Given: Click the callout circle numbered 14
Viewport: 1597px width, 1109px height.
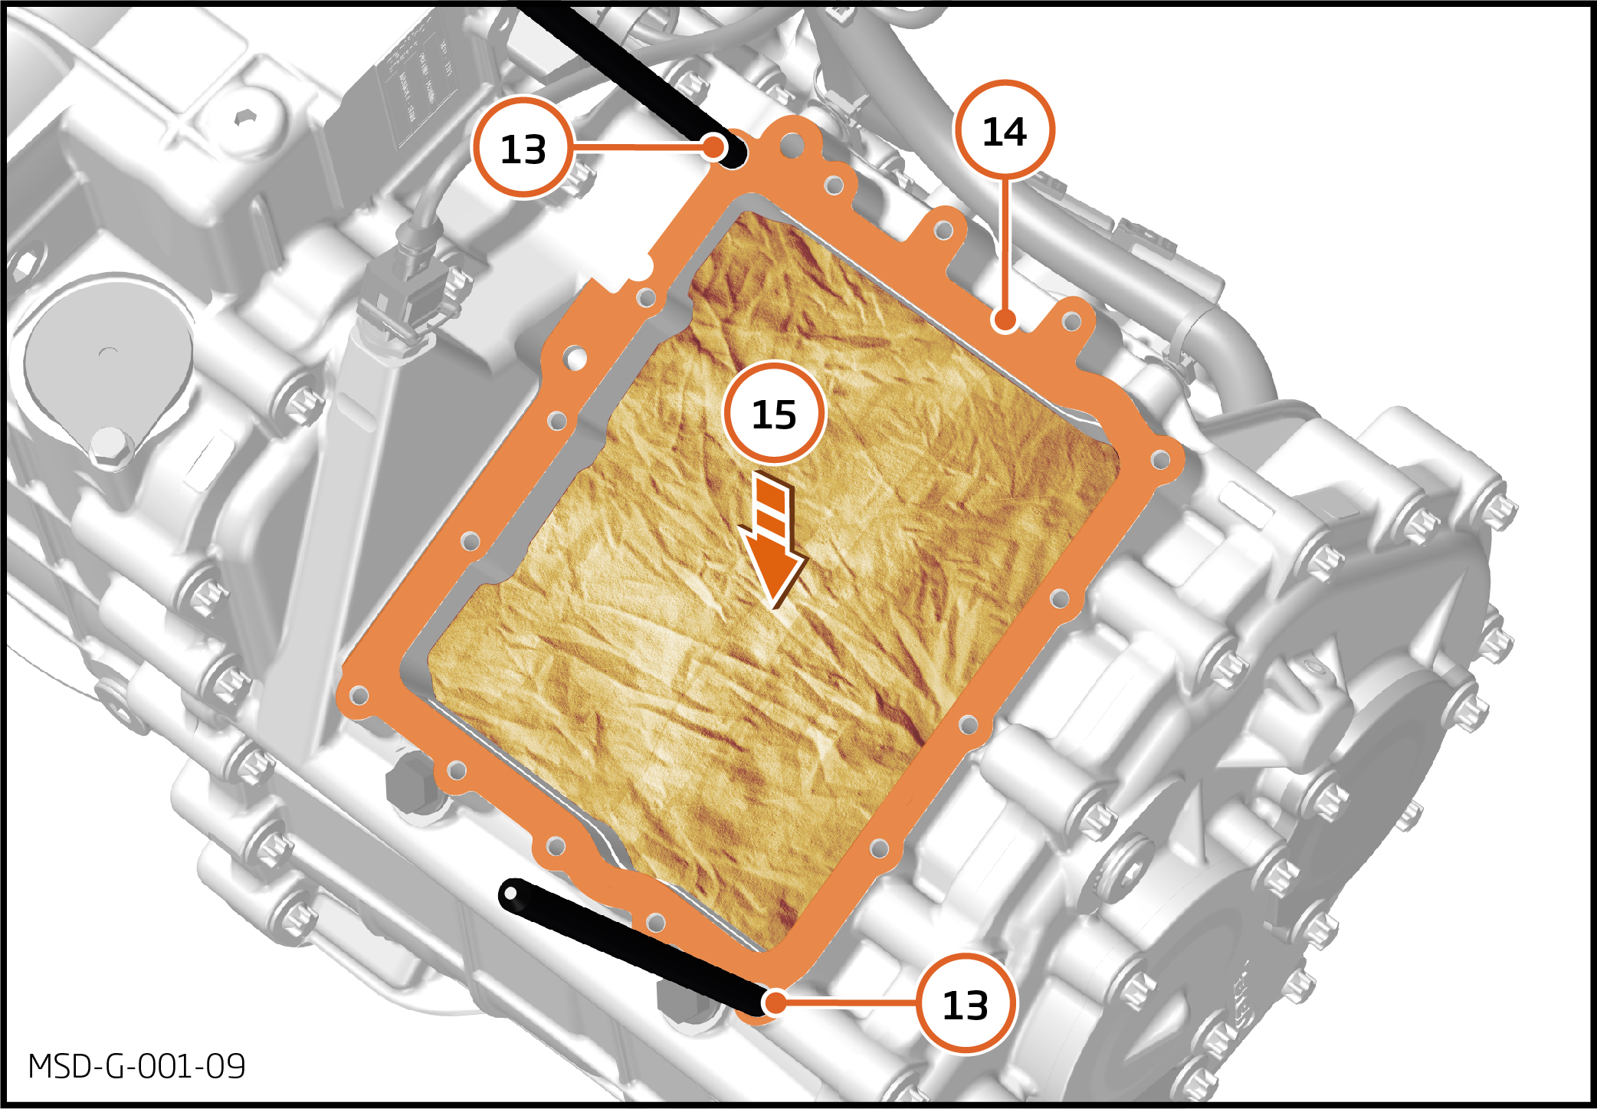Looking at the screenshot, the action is click(x=1004, y=130).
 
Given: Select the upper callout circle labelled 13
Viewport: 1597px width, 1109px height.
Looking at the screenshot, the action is click(x=523, y=147).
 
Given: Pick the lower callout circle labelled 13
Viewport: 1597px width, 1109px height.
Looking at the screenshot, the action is click(x=966, y=1003).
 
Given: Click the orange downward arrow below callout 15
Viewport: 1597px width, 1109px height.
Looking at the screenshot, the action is click(x=772, y=540).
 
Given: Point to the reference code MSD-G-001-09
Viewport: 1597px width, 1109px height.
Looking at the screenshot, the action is click(x=136, y=1066).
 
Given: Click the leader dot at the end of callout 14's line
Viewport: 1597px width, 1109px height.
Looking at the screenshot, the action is click(x=1005, y=319).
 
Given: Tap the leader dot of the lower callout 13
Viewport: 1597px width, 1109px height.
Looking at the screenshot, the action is click(x=775, y=1002).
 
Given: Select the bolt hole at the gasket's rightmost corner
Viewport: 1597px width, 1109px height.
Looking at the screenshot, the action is click(x=1161, y=460).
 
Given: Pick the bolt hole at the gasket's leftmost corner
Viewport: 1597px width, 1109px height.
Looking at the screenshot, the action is click(x=359, y=696).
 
